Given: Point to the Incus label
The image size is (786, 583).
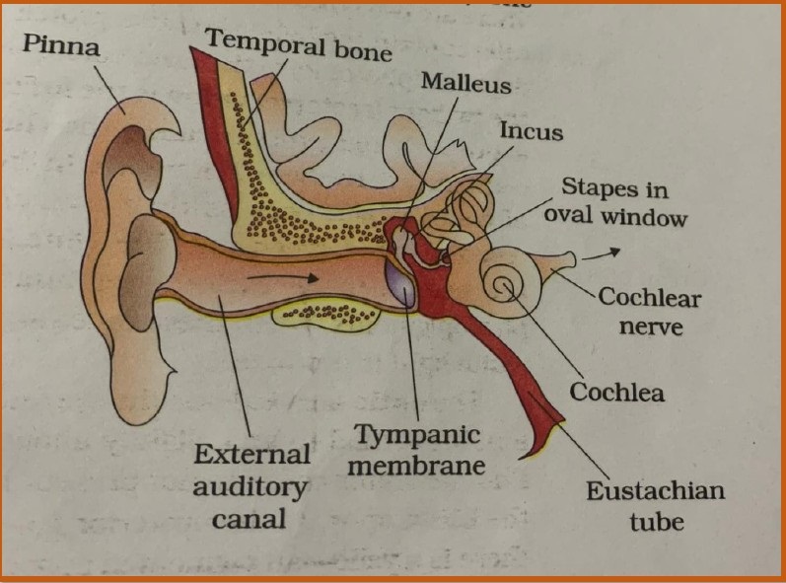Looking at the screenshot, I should (531, 130).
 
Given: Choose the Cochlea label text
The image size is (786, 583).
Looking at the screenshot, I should (616, 392).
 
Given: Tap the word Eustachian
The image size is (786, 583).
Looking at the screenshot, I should (655, 490).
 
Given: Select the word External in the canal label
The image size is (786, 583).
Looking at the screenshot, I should (252, 455).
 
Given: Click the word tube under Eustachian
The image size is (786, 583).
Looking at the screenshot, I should (655, 520).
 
